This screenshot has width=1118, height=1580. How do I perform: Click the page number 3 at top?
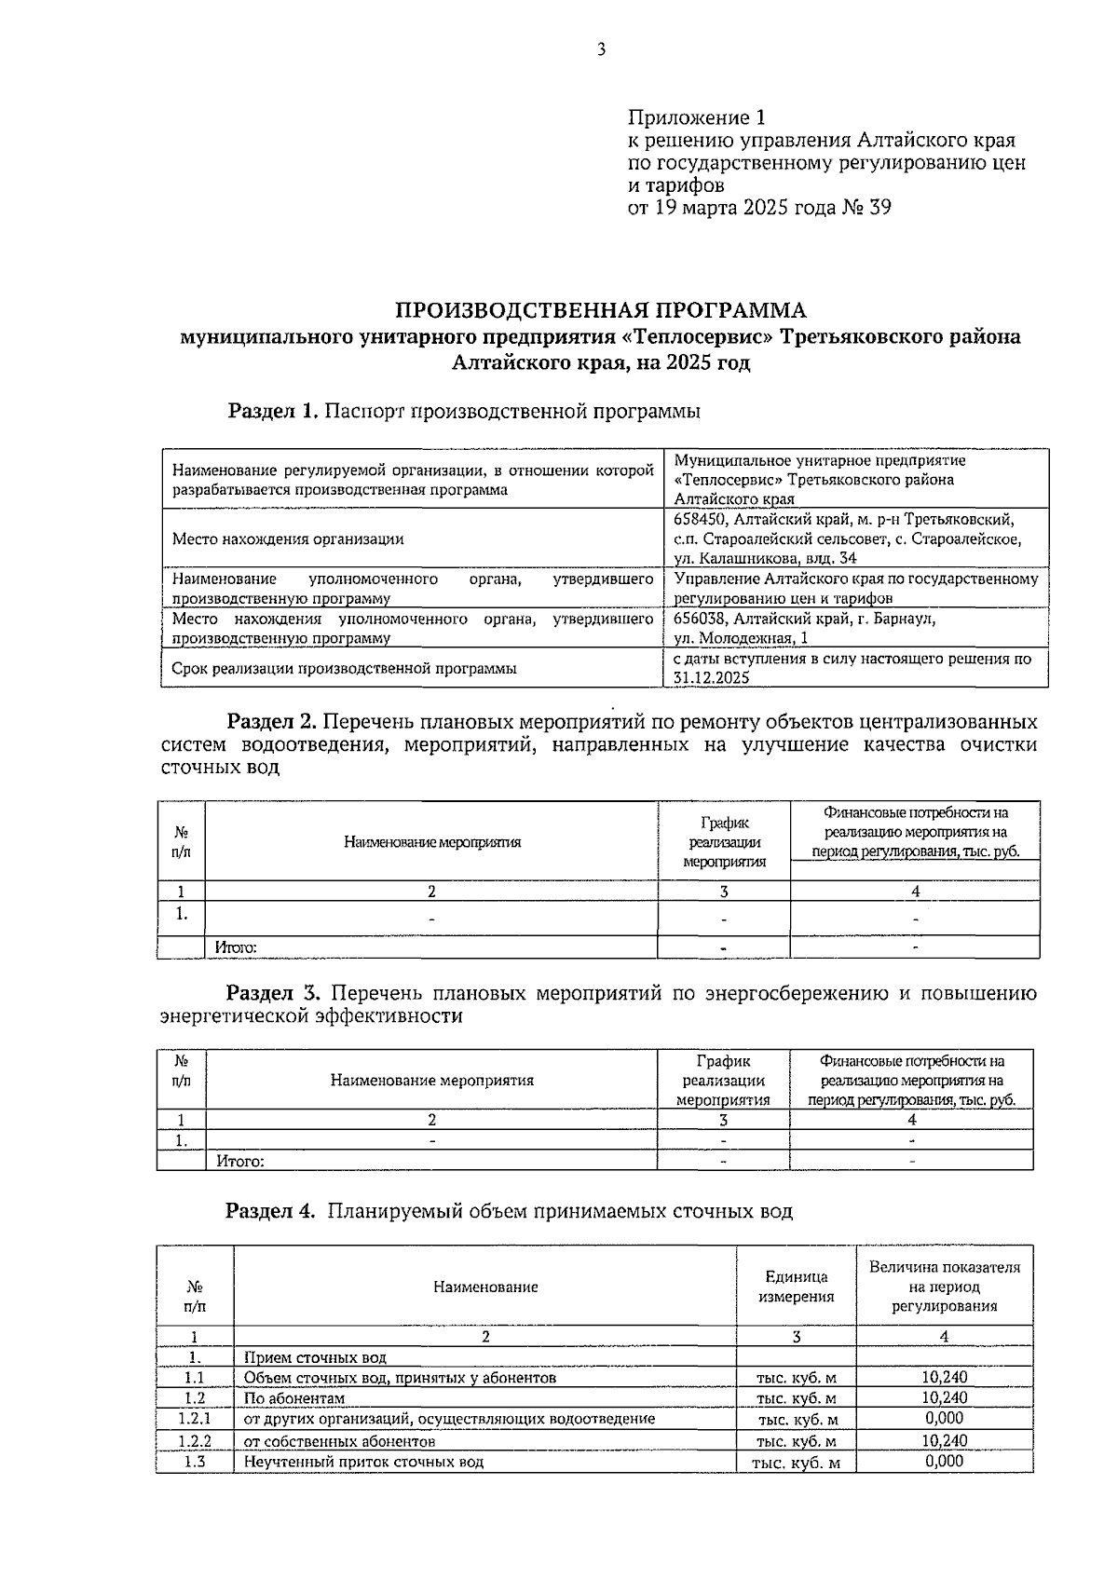click(x=601, y=50)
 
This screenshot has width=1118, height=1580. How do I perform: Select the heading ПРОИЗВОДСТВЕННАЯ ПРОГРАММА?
click(x=601, y=309)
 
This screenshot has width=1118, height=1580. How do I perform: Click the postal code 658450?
click(x=705, y=519)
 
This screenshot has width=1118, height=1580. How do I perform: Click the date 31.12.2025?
click(x=712, y=678)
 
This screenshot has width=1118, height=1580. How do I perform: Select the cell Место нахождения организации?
click(x=288, y=538)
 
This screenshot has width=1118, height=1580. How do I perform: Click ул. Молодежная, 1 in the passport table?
click(x=741, y=638)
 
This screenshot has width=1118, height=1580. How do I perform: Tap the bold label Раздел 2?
click(x=274, y=722)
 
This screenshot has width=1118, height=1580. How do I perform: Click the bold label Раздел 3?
click(x=274, y=993)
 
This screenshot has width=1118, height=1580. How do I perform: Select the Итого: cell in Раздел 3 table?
click(x=239, y=1161)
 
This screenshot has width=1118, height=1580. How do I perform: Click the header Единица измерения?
click(x=796, y=1287)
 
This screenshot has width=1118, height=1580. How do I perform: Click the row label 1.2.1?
click(x=195, y=1419)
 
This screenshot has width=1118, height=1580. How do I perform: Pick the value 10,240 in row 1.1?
click(x=944, y=1378)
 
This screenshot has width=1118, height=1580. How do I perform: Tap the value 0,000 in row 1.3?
click(x=944, y=1461)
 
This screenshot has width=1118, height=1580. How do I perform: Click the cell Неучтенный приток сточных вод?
click(x=363, y=1462)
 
